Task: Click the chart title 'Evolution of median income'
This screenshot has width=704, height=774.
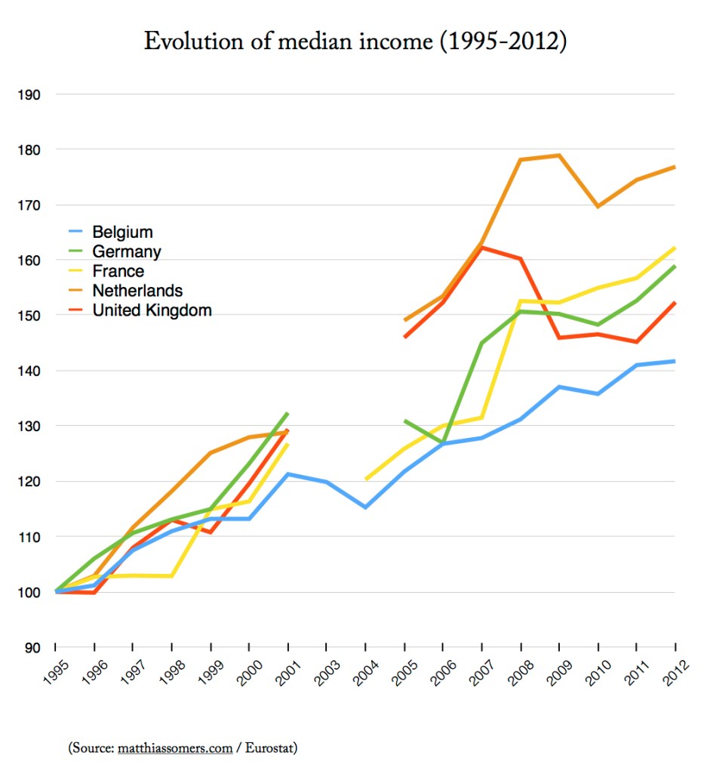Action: click(355, 42)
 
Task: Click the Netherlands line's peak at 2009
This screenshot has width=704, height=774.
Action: click(559, 155)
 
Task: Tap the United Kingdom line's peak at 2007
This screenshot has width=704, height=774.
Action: click(482, 247)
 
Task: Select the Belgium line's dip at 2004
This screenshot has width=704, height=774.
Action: click(365, 507)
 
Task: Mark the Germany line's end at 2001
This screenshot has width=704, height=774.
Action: click(287, 413)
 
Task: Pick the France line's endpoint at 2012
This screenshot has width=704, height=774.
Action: click(675, 248)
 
